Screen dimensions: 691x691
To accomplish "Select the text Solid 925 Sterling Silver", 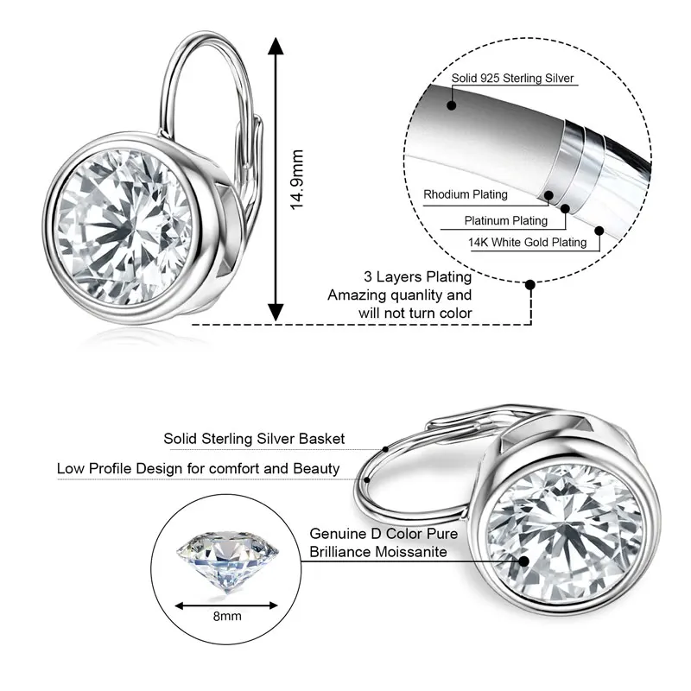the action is [512, 79].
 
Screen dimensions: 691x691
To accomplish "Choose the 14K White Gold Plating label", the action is [527, 243].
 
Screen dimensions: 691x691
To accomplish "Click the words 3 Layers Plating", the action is [417, 277].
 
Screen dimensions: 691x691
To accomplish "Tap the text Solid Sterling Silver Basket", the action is [254, 439].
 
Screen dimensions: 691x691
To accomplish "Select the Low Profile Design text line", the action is [198, 469].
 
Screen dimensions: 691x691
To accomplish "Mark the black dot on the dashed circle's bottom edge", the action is [530, 282].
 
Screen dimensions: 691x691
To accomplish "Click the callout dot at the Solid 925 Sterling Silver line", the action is [450, 106].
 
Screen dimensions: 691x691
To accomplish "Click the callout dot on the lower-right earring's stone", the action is [523, 559].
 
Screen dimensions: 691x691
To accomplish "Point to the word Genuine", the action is [340, 534].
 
